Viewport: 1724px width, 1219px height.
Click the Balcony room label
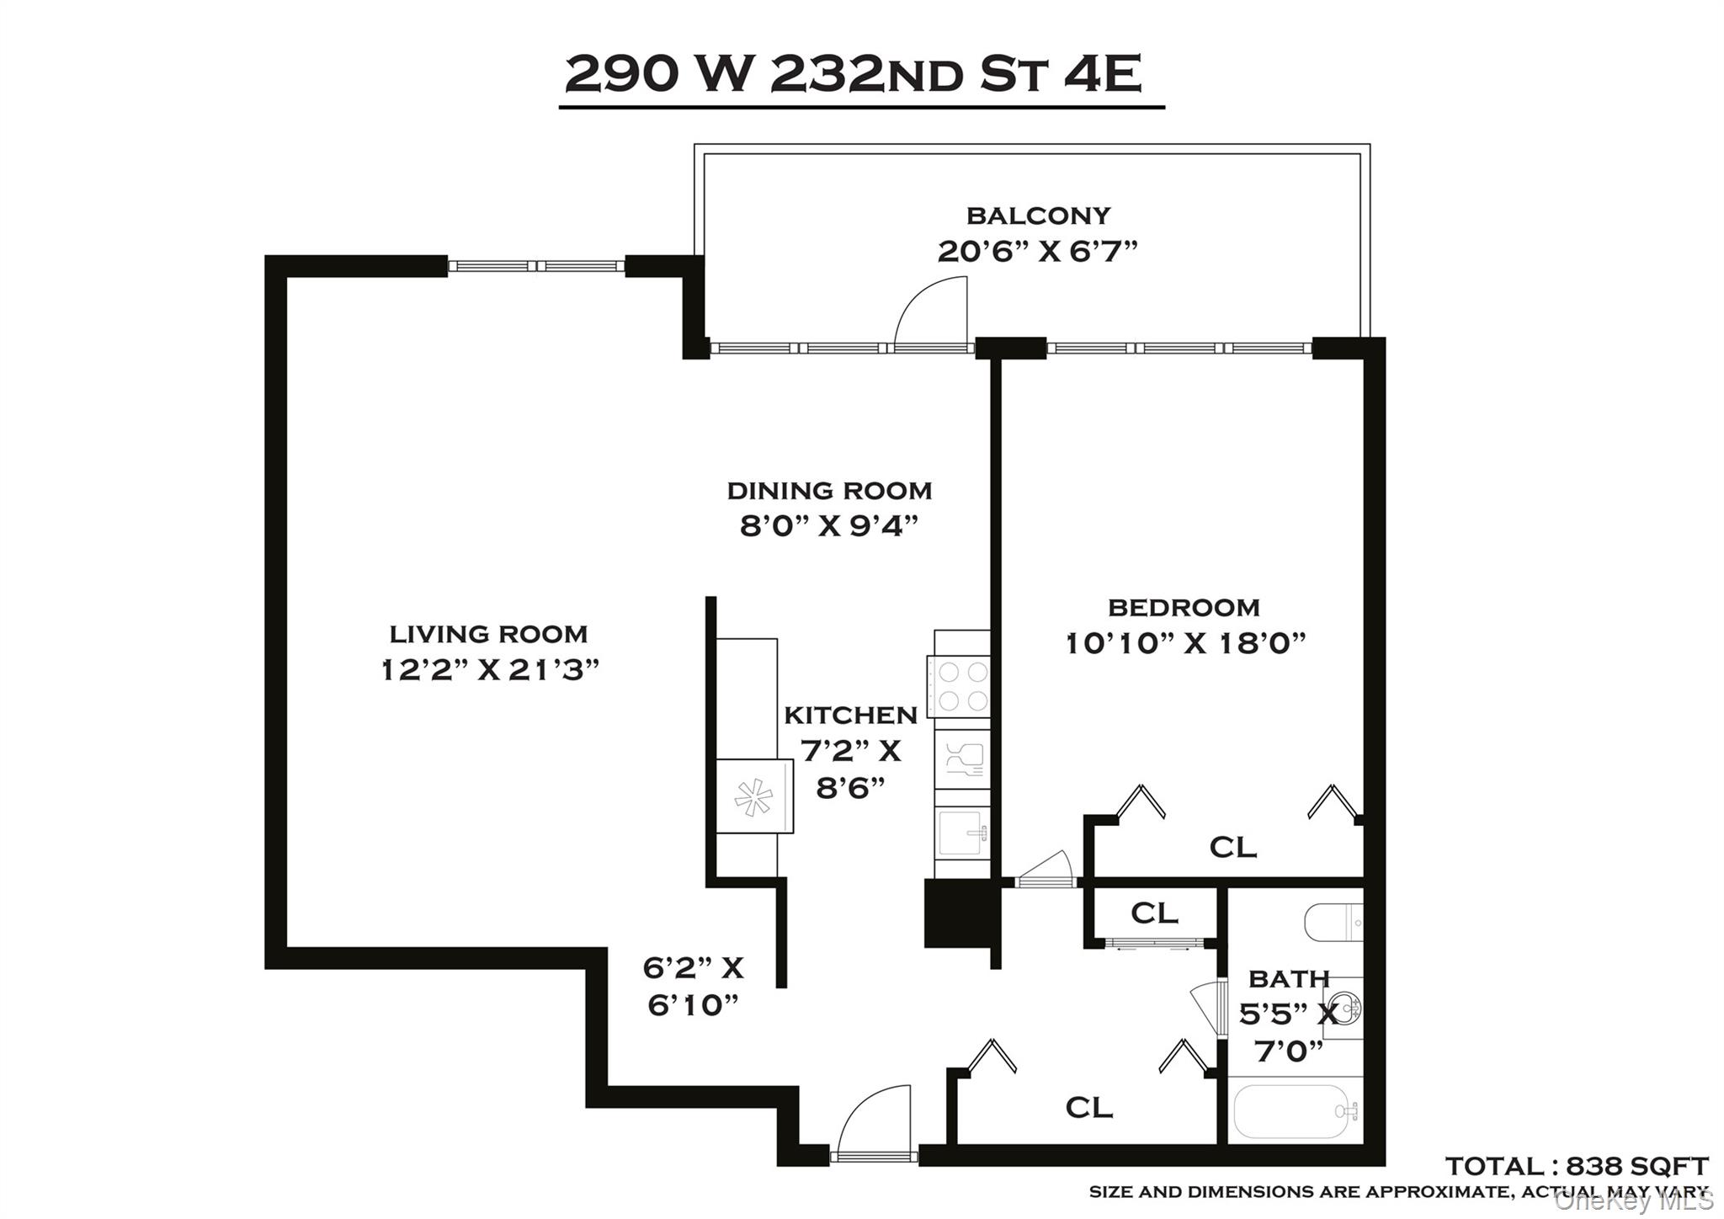pyautogui.click(x=1038, y=216)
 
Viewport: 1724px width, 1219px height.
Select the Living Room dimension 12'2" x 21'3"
pyautogui.click(x=489, y=670)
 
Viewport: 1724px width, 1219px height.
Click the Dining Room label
pyautogui.click(x=829, y=491)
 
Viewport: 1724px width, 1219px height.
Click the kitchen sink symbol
pyautogui.click(x=961, y=832)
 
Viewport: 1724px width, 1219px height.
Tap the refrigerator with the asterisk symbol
pyautogui.click(x=753, y=796)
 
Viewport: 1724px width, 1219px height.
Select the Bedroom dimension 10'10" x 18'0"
pyautogui.click(x=1185, y=644)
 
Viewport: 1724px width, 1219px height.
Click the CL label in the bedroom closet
pyautogui.click(x=1232, y=847)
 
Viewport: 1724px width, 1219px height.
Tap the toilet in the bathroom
pyautogui.click(x=1332, y=923)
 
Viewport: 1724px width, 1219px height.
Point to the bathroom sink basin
pyautogui.click(x=1345, y=1009)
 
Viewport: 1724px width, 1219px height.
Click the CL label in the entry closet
pyautogui.click(x=1089, y=1108)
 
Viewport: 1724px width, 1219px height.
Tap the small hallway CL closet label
pyautogui.click(x=1154, y=913)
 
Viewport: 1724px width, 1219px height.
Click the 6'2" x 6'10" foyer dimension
pyautogui.click(x=693, y=986)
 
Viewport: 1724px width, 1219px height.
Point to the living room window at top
pyautogui.click(x=536, y=266)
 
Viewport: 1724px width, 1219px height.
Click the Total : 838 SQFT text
pyautogui.click(x=1577, y=1166)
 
